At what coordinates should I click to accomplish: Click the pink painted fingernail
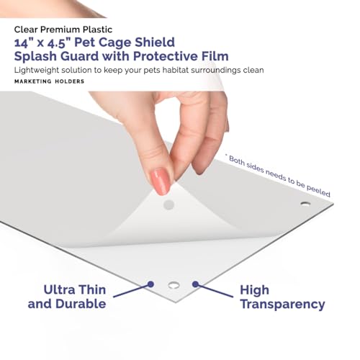[161, 181]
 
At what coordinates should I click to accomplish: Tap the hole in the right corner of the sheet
[305, 204]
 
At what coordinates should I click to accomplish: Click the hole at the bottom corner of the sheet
[174, 285]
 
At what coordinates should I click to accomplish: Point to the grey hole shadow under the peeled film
[168, 204]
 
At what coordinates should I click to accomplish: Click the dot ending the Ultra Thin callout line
[150, 284]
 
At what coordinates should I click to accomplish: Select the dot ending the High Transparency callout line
[195, 284]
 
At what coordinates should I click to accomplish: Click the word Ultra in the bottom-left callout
[59, 289]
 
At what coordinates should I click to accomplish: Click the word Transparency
[282, 305]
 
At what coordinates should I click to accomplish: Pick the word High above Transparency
[254, 290]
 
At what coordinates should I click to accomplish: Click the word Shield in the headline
[155, 42]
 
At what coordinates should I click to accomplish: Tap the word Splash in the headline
[35, 56]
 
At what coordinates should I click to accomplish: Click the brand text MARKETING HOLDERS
[49, 81]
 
